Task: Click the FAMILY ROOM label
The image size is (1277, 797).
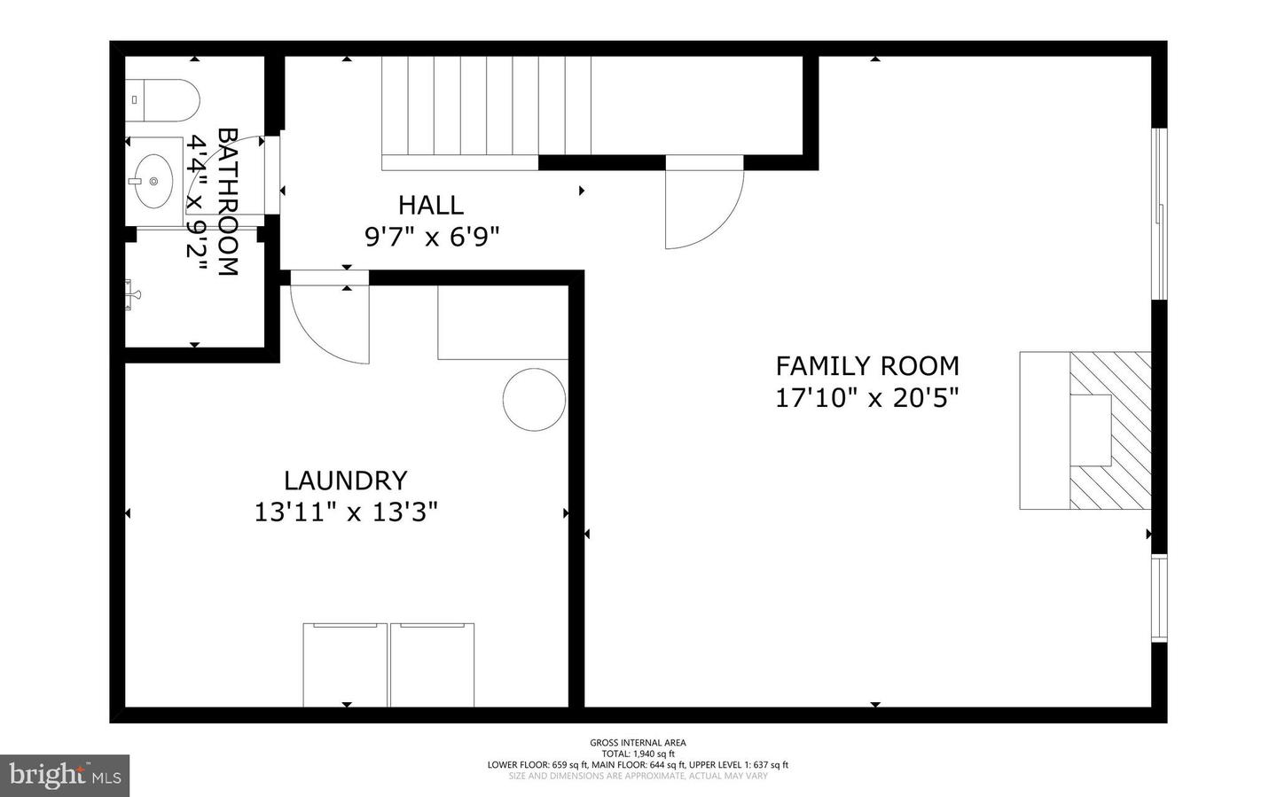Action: coord(867,365)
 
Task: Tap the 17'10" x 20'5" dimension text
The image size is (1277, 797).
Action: coord(867,398)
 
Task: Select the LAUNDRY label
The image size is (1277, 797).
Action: coord(345,481)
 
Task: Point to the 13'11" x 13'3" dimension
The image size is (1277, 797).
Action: coord(346,512)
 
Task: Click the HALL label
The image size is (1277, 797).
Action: coord(430,205)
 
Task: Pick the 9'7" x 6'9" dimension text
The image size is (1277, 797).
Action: coord(432,237)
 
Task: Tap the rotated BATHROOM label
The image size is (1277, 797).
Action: coord(228,202)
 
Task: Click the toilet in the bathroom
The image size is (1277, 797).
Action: coord(161,100)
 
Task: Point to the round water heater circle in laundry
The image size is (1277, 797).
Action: coord(535,399)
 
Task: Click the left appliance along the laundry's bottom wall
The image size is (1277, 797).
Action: coord(346,664)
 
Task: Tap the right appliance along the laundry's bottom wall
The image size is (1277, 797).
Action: coord(432,664)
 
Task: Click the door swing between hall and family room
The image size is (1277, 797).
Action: coord(703,208)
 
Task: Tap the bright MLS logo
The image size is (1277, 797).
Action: coord(65,775)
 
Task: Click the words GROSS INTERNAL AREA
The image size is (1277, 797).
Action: coord(638,743)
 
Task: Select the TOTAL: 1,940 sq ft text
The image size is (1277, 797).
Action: coord(638,754)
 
